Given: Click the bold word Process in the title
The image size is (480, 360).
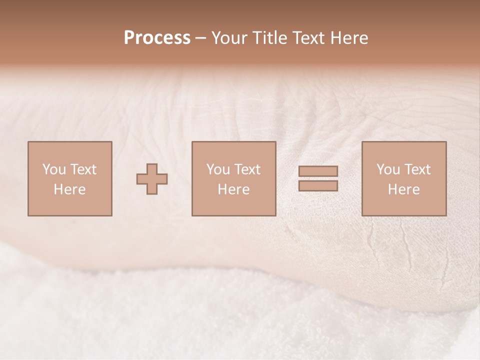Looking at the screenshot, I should click(157, 38).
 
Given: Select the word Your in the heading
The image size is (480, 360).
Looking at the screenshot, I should click(229, 38).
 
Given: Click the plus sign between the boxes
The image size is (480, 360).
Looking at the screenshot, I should click(152, 179).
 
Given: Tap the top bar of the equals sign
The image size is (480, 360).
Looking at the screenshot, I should click(318, 171).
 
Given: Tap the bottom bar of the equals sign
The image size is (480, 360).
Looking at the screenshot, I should click(318, 186).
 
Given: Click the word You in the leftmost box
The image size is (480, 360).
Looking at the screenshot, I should click(53, 169).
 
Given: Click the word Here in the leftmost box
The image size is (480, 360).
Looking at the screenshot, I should click(69, 189).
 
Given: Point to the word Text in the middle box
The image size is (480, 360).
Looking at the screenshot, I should click(247, 169).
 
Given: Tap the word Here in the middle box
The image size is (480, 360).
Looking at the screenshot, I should click(233, 189).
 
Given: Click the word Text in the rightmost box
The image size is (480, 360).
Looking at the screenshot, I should click(417, 169).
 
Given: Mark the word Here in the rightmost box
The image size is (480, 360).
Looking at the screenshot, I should click(403, 189).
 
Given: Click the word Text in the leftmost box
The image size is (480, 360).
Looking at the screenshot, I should click(83, 169).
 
